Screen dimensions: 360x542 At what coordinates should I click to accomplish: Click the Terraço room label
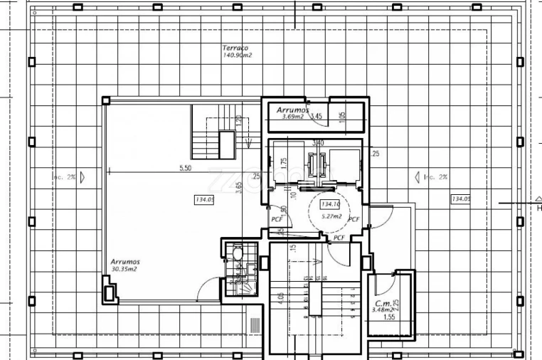tap(235, 47)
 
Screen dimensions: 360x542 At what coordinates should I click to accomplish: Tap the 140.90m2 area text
tap(238, 55)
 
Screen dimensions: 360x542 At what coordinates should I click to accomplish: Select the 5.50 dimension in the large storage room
tap(185, 169)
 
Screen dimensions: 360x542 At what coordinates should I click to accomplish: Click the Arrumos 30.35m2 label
tap(124, 265)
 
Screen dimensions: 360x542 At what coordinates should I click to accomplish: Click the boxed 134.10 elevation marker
tap(331, 205)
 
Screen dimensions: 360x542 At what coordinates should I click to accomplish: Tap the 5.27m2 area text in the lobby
tap(331, 216)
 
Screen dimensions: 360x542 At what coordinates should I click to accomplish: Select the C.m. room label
tap(383, 303)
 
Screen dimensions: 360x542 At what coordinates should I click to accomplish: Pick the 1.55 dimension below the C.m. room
tap(388, 318)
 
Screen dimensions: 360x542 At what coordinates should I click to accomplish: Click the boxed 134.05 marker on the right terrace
tap(460, 198)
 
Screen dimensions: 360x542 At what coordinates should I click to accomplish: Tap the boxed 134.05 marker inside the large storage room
tap(204, 200)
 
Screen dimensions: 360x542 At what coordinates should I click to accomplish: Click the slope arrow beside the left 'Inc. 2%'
tap(83, 176)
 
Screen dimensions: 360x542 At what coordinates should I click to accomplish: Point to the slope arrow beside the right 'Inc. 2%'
tap(418, 176)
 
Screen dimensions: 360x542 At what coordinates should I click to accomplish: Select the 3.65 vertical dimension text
tap(240, 188)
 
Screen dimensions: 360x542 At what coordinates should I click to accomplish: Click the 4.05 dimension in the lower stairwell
tap(282, 297)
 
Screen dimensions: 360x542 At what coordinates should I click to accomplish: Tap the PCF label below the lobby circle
tap(339, 238)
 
